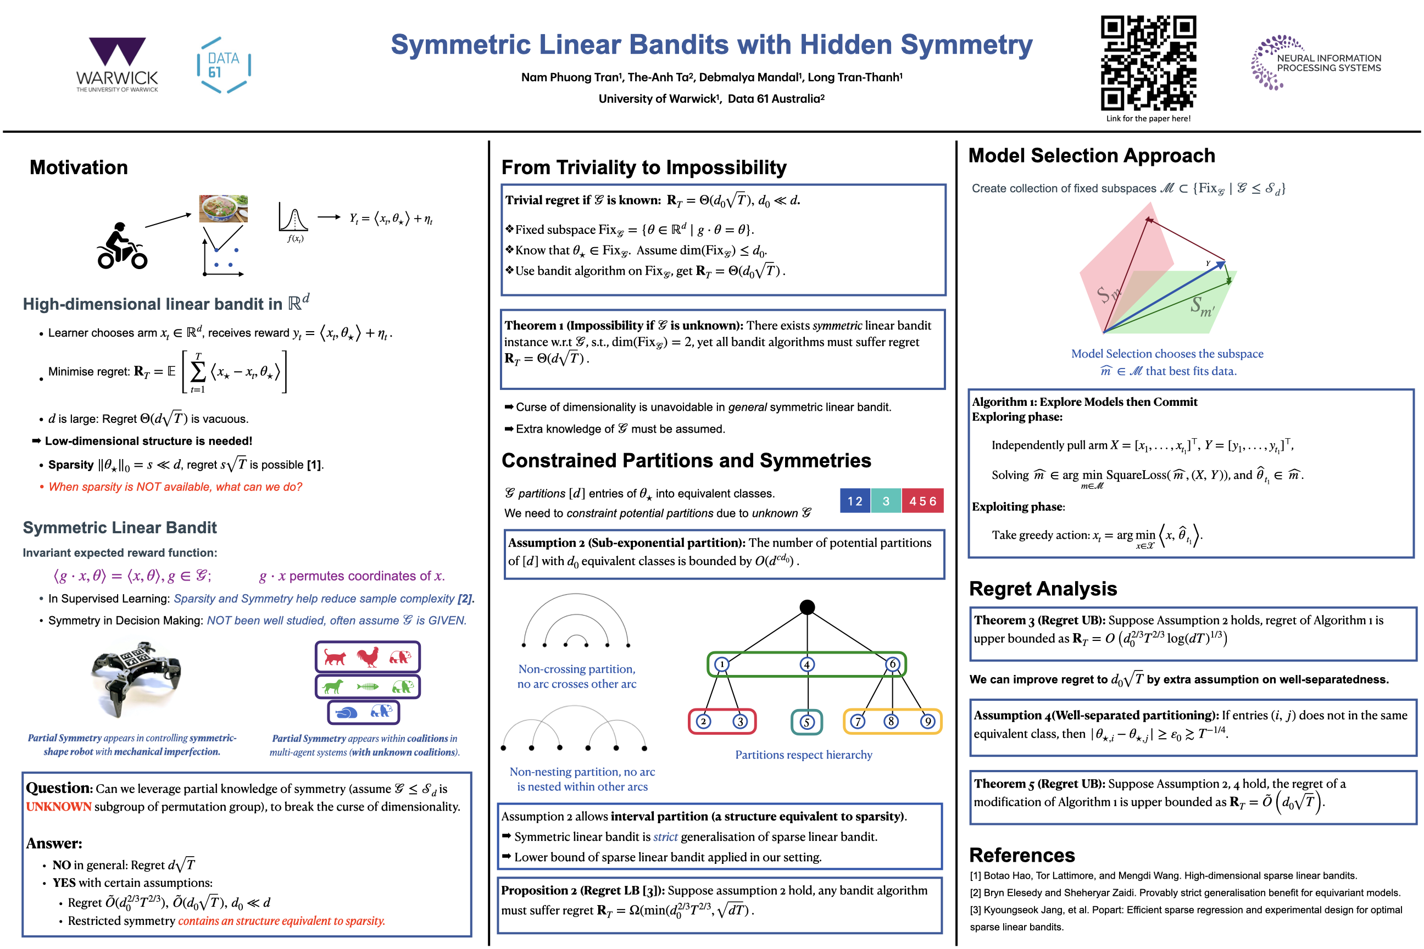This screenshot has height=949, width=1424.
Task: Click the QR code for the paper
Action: (1148, 63)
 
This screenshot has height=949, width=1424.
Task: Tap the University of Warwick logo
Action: (117, 64)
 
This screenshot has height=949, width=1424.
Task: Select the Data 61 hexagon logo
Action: (224, 65)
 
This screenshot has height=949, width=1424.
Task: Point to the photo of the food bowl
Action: (224, 208)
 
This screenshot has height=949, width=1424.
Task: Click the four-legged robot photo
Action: (136, 678)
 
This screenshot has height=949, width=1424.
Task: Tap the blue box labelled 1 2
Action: (855, 501)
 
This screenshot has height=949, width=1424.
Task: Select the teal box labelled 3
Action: (886, 501)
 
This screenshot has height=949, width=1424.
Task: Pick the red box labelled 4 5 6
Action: (922, 501)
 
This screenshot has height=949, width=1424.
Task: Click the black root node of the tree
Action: (807, 607)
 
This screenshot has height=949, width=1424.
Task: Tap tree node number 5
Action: (806, 722)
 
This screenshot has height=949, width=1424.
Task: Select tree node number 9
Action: (927, 722)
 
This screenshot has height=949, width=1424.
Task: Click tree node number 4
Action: (806, 665)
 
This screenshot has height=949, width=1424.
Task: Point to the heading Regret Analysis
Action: (1043, 589)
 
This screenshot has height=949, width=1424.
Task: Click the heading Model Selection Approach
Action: (1092, 155)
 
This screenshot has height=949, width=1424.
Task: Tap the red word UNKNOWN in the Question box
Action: (59, 807)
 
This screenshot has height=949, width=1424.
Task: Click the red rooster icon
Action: (368, 657)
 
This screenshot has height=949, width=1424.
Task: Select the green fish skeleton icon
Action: (368, 686)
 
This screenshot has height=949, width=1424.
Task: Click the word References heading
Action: (1022, 855)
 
